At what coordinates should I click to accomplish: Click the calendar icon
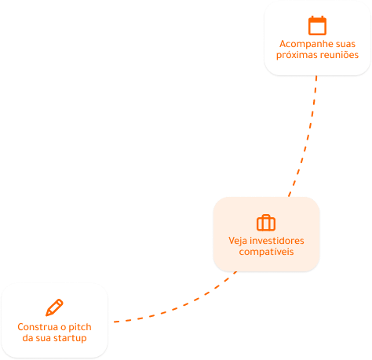click(317, 25)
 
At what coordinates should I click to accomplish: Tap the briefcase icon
click(266, 223)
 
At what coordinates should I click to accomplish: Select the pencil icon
click(54, 307)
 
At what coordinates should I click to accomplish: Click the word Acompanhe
click(301, 44)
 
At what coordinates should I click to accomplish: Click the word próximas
click(294, 55)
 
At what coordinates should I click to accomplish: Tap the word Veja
click(238, 241)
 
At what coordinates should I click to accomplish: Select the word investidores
click(277, 241)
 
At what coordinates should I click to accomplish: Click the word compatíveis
click(266, 252)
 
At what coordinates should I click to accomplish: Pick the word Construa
click(38, 327)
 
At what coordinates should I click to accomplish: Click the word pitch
click(80, 327)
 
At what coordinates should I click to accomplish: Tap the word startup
click(69, 338)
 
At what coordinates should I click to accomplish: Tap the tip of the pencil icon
click(47, 315)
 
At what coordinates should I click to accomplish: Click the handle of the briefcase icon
click(266, 216)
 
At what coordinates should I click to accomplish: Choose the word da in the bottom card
click(27, 338)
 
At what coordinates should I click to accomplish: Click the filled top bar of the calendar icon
click(317, 20)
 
